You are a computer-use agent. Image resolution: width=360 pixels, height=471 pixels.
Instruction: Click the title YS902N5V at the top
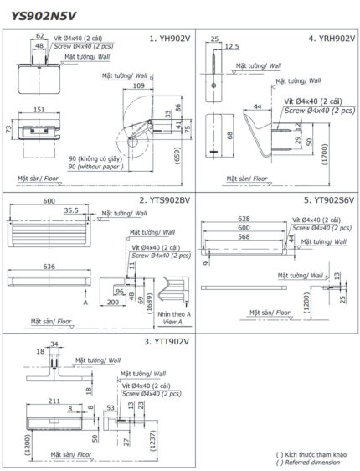point(44,14)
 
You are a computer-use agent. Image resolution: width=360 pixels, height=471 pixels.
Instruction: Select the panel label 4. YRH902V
point(327,39)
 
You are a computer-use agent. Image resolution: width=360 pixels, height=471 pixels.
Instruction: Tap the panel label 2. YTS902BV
point(164,201)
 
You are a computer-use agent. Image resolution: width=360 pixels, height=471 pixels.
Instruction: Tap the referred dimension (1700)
point(347,153)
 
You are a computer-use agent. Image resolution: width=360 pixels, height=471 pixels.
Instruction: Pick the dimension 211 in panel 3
point(53,401)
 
